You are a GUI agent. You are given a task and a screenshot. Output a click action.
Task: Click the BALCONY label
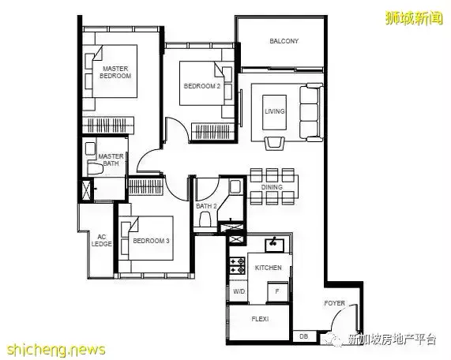tap(284, 41)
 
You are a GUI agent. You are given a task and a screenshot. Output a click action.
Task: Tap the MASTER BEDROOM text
tap(115, 73)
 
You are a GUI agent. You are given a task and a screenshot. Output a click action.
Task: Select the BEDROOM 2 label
tap(202, 86)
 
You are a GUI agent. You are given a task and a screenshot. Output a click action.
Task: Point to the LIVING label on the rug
tap(275, 111)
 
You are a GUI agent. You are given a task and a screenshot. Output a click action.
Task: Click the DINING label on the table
tap(272, 187)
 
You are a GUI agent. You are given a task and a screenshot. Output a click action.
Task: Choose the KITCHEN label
tap(269, 268)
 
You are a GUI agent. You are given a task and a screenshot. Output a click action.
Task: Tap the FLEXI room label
tap(260, 319)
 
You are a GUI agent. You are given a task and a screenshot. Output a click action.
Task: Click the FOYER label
tap(335, 303)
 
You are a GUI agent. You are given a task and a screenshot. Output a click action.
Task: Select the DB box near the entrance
tap(304, 336)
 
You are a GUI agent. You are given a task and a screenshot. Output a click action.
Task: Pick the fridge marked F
tap(277, 291)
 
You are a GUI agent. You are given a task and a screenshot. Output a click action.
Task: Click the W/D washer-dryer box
tap(239, 291)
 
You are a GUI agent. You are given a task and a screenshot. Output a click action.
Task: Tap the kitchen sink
tap(274, 245)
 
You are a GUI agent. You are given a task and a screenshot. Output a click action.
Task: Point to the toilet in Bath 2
tap(205, 219)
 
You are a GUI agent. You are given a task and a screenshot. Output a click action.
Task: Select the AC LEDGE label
tap(102, 240)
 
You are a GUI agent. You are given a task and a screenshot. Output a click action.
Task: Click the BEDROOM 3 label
tap(151, 241)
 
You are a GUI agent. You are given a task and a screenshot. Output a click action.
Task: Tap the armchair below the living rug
tap(274, 143)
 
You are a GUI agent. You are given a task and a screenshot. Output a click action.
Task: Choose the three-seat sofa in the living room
tap(311, 112)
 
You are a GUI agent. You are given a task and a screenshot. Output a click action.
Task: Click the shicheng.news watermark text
tap(56, 350)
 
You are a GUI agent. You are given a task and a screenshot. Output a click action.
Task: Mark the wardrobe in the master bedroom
tap(108, 126)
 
